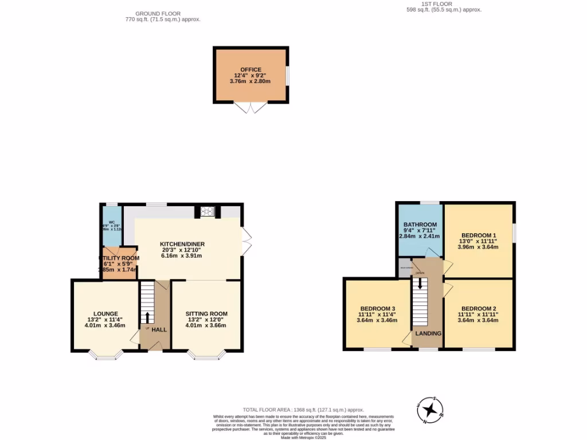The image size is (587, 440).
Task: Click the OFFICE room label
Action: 251,69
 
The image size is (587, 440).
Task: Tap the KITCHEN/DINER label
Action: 182,244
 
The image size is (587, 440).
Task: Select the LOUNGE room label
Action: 106,313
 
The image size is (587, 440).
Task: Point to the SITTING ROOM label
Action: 206,313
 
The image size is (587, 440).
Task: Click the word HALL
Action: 159,330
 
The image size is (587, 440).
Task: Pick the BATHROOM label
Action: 420,225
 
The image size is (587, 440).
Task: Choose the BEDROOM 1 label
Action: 478,235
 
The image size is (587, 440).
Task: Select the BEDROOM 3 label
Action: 377,308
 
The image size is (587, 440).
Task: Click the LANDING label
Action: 428,333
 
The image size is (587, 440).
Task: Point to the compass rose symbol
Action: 430,410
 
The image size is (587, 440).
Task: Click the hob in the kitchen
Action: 206,211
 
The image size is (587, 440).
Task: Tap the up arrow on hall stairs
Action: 147,317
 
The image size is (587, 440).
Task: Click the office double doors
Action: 251,108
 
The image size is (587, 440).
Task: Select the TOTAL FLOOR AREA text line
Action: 304,410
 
